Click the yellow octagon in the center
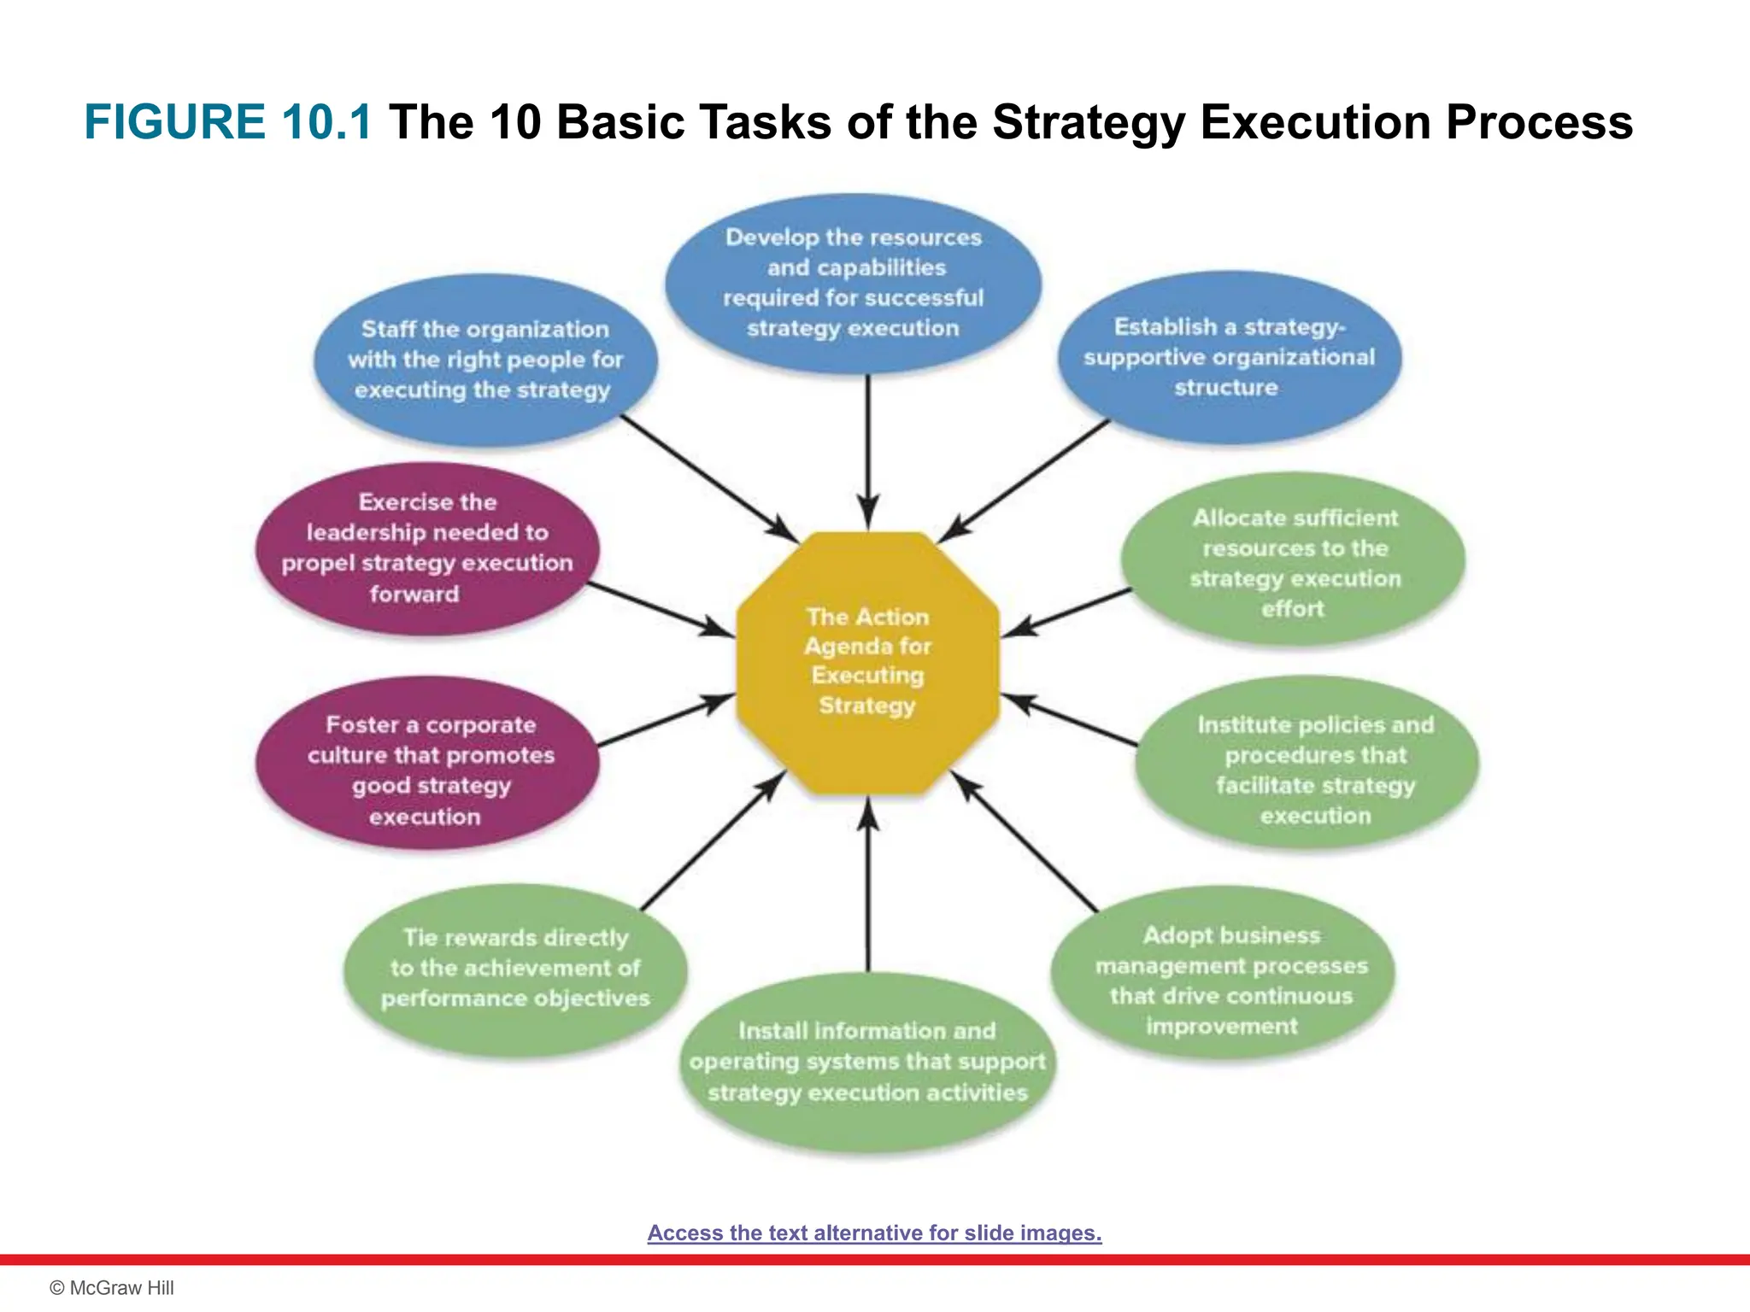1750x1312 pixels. [x=867, y=662]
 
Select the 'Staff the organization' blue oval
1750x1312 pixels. [x=485, y=360]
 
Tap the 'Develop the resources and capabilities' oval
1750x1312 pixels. [x=854, y=283]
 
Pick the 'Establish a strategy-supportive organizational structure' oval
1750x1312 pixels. [x=1229, y=357]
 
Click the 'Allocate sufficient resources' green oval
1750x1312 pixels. [x=1294, y=562]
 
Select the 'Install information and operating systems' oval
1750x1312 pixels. [x=867, y=1062]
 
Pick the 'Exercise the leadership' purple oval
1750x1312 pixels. [x=427, y=548]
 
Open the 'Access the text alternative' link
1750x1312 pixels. [x=874, y=1233]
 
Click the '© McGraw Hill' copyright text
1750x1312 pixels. [x=112, y=1288]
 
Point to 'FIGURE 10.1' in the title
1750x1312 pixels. [x=228, y=121]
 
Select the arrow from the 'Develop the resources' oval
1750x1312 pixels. [x=868, y=444]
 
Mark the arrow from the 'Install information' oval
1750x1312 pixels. [x=868, y=888]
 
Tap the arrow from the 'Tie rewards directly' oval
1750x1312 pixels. [x=711, y=841]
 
